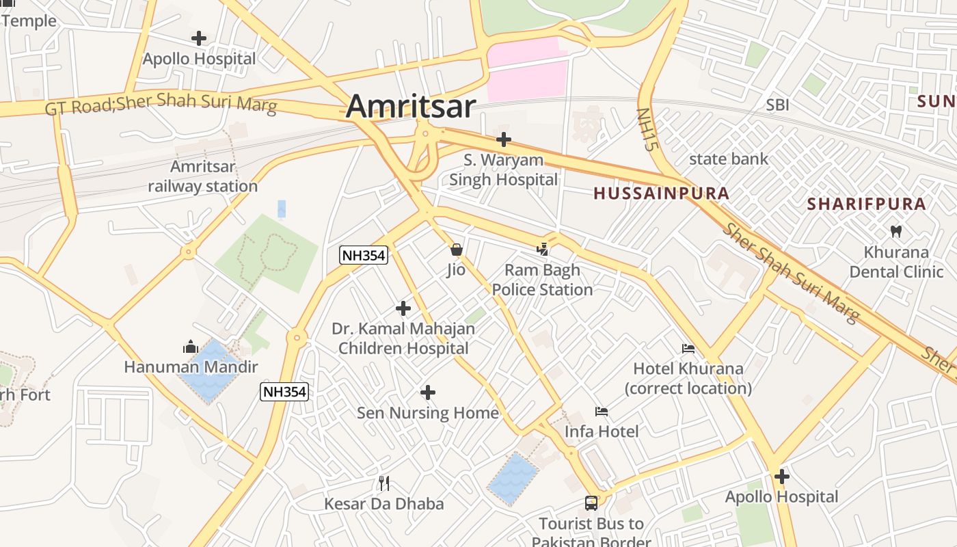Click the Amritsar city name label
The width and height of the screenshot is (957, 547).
pos(411,107)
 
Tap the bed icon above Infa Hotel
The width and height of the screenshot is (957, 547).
pos(602,412)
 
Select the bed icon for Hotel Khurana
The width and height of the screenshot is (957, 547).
pos(688,349)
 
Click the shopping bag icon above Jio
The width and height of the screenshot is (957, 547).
pos(456,250)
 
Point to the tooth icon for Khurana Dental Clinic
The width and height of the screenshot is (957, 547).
pos(896,232)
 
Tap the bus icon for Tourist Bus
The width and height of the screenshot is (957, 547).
pos(591,503)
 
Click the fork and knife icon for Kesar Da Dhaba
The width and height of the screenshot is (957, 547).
pos(384,483)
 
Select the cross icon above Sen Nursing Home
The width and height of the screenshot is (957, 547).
pos(428,392)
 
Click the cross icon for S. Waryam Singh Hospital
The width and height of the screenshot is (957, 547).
pos(504,139)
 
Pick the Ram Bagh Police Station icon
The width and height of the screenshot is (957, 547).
pos(543,250)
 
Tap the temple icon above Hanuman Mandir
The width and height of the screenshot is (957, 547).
pos(190,347)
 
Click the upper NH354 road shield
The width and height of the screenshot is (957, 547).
pos(364,256)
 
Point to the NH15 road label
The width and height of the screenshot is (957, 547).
pos(646,129)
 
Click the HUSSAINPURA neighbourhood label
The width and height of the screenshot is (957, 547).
pos(661,194)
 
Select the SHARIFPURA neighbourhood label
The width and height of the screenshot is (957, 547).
pos(866,204)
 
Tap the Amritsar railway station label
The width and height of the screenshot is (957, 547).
pos(203,176)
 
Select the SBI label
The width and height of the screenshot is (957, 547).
pos(777,105)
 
